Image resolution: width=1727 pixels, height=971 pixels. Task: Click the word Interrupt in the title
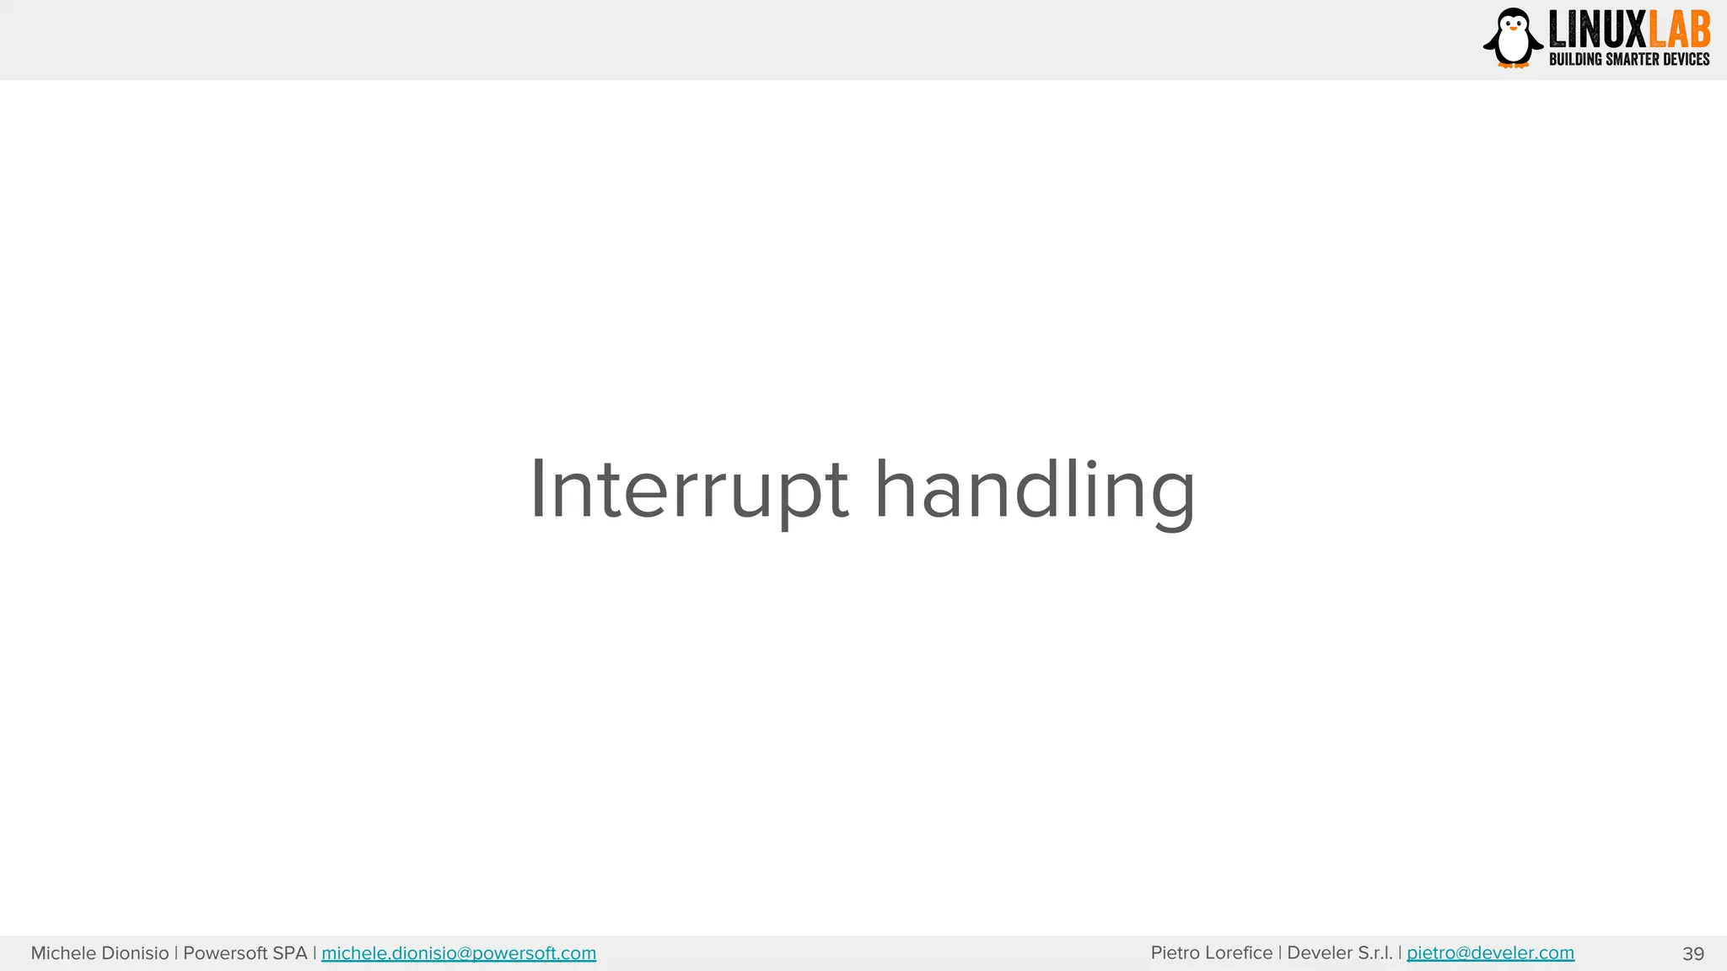point(688,491)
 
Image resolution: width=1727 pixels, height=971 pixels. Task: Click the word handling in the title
point(1035,491)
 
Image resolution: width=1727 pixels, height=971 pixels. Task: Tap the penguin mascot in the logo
point(1513,38)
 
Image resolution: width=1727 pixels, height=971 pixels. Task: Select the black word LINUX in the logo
point(1597,30)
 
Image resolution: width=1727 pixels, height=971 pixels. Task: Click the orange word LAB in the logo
point(1679,30)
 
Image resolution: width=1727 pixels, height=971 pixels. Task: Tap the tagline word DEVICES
point(1686,59)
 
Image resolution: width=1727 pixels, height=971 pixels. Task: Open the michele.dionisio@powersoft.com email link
point(459,953)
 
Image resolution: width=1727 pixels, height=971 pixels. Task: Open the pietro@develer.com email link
point(1490,953)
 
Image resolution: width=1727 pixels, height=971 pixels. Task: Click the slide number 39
point(1693,954)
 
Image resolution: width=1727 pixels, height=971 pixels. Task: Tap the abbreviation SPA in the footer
point(290,953)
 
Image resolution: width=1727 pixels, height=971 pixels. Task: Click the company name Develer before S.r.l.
point(1319,953)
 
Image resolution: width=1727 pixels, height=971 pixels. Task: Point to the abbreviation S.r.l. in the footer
point(1375,953)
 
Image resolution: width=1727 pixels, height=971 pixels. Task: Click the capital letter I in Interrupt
point(538,489)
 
